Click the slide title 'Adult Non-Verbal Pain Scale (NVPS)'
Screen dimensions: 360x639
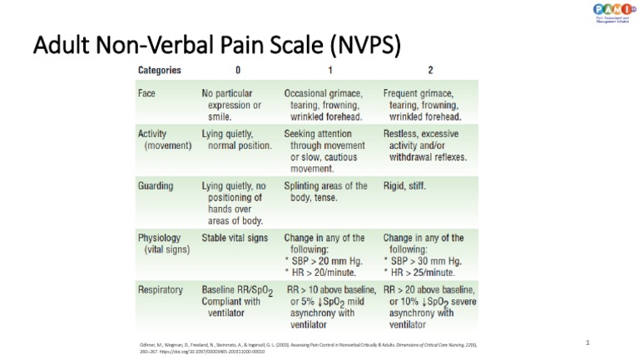[x=216, y=45]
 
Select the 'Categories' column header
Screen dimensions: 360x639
[x=160, y=71]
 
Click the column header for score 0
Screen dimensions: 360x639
[x=238, y=71]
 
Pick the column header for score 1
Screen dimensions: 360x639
[x=330, y=71]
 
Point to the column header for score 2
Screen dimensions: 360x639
[x=429, y=71]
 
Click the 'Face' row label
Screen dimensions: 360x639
[x=146, y=94]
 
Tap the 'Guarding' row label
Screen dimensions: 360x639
[x=156, y=186]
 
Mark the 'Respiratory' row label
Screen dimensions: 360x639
[x=161, y=290]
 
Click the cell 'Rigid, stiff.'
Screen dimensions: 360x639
[x=404, y=186]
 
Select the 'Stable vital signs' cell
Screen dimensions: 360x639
[x=235, y=238]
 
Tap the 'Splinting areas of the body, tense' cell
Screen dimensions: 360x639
[x=325, y=192]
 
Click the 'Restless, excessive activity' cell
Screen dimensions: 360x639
[x=425, y=145]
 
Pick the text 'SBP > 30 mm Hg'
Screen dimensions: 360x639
[x=426, y=261]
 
